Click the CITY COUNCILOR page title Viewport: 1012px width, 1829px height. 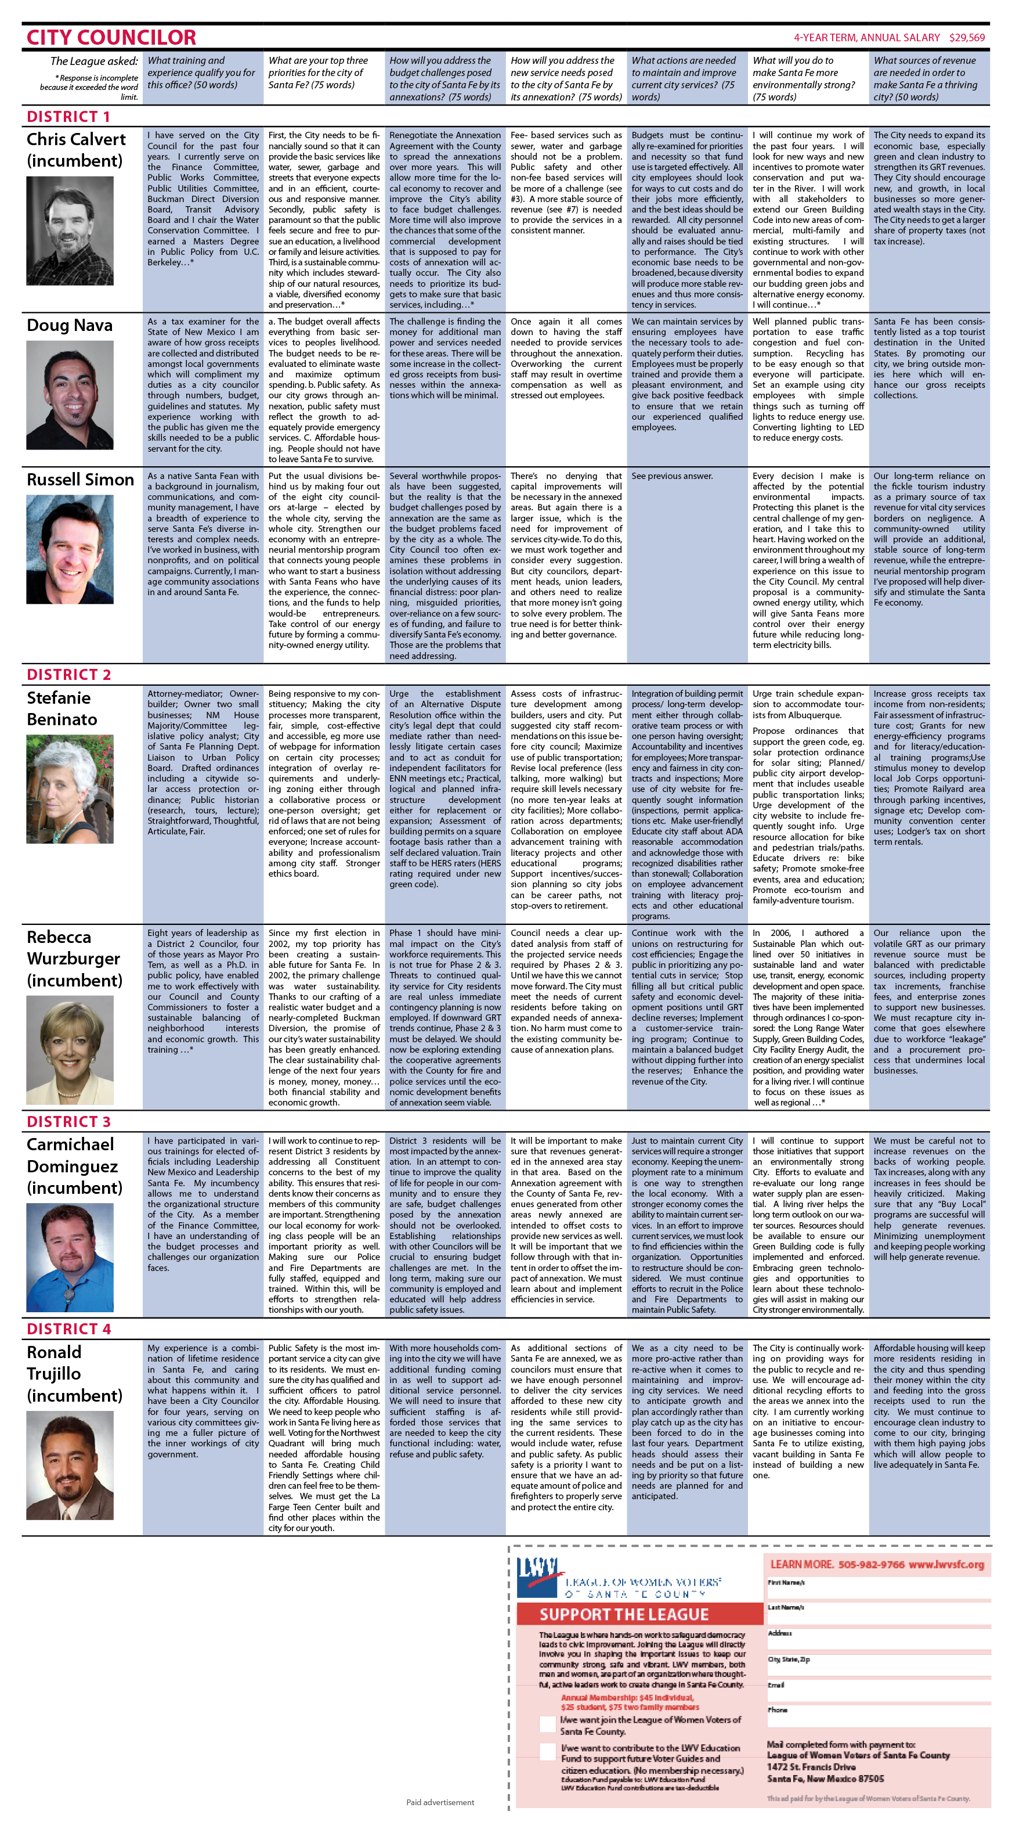pos(111,37)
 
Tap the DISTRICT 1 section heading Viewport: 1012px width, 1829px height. pos(68,117)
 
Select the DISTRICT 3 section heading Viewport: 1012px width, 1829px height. pos(68,1121)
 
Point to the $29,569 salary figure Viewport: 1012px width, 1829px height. pos(967,38)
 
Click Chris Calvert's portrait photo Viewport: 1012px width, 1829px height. pos(70,231)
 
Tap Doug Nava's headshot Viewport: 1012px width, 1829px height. pos(70,385)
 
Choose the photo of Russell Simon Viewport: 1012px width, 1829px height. pos(70,549)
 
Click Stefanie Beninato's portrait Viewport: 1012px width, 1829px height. pos(70,789)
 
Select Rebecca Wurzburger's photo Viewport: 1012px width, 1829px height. pos(70,1049)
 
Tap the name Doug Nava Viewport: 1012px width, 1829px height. pos(70,325)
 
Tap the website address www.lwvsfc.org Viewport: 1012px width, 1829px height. pos(946,1564)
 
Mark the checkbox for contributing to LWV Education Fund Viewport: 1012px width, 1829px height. pos(547,1752)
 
